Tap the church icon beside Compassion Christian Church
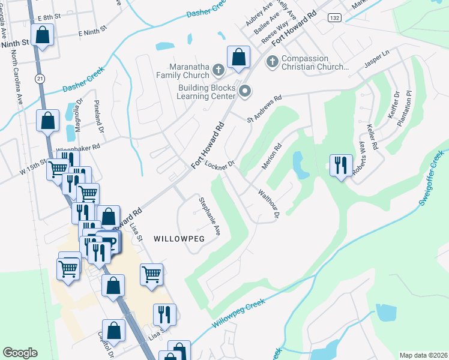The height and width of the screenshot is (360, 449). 273,61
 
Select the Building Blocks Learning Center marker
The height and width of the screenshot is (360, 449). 245,91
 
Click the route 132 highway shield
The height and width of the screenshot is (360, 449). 334,19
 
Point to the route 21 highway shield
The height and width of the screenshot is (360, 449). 40,79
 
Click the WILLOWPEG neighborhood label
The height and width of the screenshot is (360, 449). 179,238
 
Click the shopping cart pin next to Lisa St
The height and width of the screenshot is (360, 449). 151,275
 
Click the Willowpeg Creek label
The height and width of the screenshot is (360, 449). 238,313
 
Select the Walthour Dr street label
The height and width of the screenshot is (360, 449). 269,205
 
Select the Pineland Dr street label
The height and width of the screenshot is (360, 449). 99,116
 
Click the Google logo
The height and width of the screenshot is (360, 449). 20,353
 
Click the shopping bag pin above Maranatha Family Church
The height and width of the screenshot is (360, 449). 238,57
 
